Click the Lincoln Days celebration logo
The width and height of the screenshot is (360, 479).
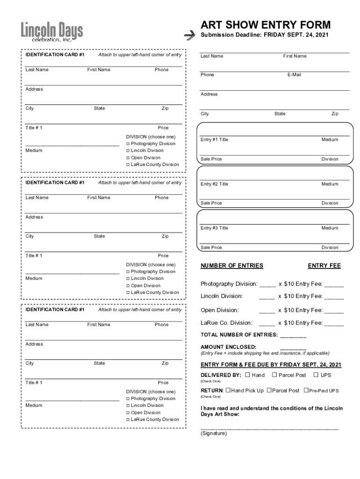(x=51, y=32)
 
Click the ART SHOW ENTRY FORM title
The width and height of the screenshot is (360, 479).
(x=266, y=25)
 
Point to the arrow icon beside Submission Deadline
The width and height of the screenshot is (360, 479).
(x=189, y=35)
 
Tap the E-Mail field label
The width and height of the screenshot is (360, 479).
(x=294, y=74)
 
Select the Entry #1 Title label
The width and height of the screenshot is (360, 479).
(x=214, y=139)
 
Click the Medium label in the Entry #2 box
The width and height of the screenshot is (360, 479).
(x=329, y=184)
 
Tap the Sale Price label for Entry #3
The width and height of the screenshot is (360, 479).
(x=211, y=247)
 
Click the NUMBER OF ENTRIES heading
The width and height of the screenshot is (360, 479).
(x=232, y=266)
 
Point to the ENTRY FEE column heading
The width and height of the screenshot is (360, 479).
(x=324, y=266)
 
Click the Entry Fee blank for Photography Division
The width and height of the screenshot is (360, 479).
(x=334, y=284)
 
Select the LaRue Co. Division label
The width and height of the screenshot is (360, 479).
(x=226, y=323)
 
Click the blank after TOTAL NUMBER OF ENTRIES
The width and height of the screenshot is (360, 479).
(x=293, y=335)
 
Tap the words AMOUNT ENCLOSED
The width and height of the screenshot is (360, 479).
(x=228, y=347)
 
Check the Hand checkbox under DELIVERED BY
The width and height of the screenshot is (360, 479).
(x=247, y=375)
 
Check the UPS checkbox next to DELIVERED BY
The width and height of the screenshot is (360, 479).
(x=316, y=375)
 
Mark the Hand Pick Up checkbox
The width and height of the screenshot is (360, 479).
(x=228, y=390)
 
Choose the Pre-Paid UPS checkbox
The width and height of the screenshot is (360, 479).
(x=306, y=390)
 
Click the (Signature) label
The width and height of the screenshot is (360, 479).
(x=214, y=434)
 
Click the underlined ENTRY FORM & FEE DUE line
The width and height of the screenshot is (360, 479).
(x=271, y=365)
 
